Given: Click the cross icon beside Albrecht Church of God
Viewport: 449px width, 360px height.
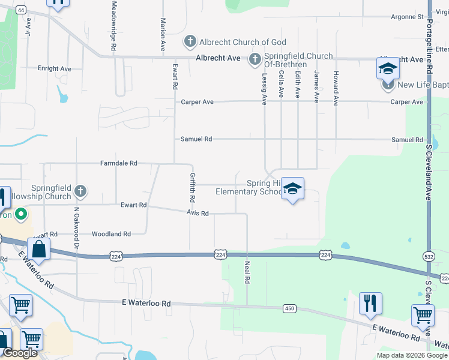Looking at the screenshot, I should pyautogui.click(x=190, y=42).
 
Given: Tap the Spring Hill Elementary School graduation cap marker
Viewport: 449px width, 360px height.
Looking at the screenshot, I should pyautogui.click(x=292, y=189).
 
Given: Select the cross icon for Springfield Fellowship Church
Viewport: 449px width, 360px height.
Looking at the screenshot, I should pyautogui.click(x=80, y=192).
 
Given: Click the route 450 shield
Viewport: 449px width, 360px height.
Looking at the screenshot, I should pyautogui.click(x=290, y=308).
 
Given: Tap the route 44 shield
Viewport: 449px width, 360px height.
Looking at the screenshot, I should pyautogui.click(x=21, y=10).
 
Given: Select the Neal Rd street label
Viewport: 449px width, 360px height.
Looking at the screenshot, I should pyautogui.click(x=247, y=271).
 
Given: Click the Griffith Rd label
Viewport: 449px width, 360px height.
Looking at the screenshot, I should pyautogui.click(x=193, y=187).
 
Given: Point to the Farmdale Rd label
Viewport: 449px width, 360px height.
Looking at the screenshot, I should pyautogui.click(x=119, y=163).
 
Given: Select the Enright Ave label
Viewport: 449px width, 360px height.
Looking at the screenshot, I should pyautogui.click(x=55, y=69).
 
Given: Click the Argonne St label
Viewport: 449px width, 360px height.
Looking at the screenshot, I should pyautogui.click(x=407, y=17).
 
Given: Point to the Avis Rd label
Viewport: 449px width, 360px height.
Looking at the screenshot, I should pyautogui.click(x=197, y=214).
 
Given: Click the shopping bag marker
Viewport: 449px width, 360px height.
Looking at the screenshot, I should pyautogui.click(x=39, y=249).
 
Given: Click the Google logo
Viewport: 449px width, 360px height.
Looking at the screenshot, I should pyautogui.click(x=20, y=353).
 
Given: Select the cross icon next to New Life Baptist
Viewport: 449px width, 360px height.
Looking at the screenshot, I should pyautogui.click(x=388, y=85).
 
